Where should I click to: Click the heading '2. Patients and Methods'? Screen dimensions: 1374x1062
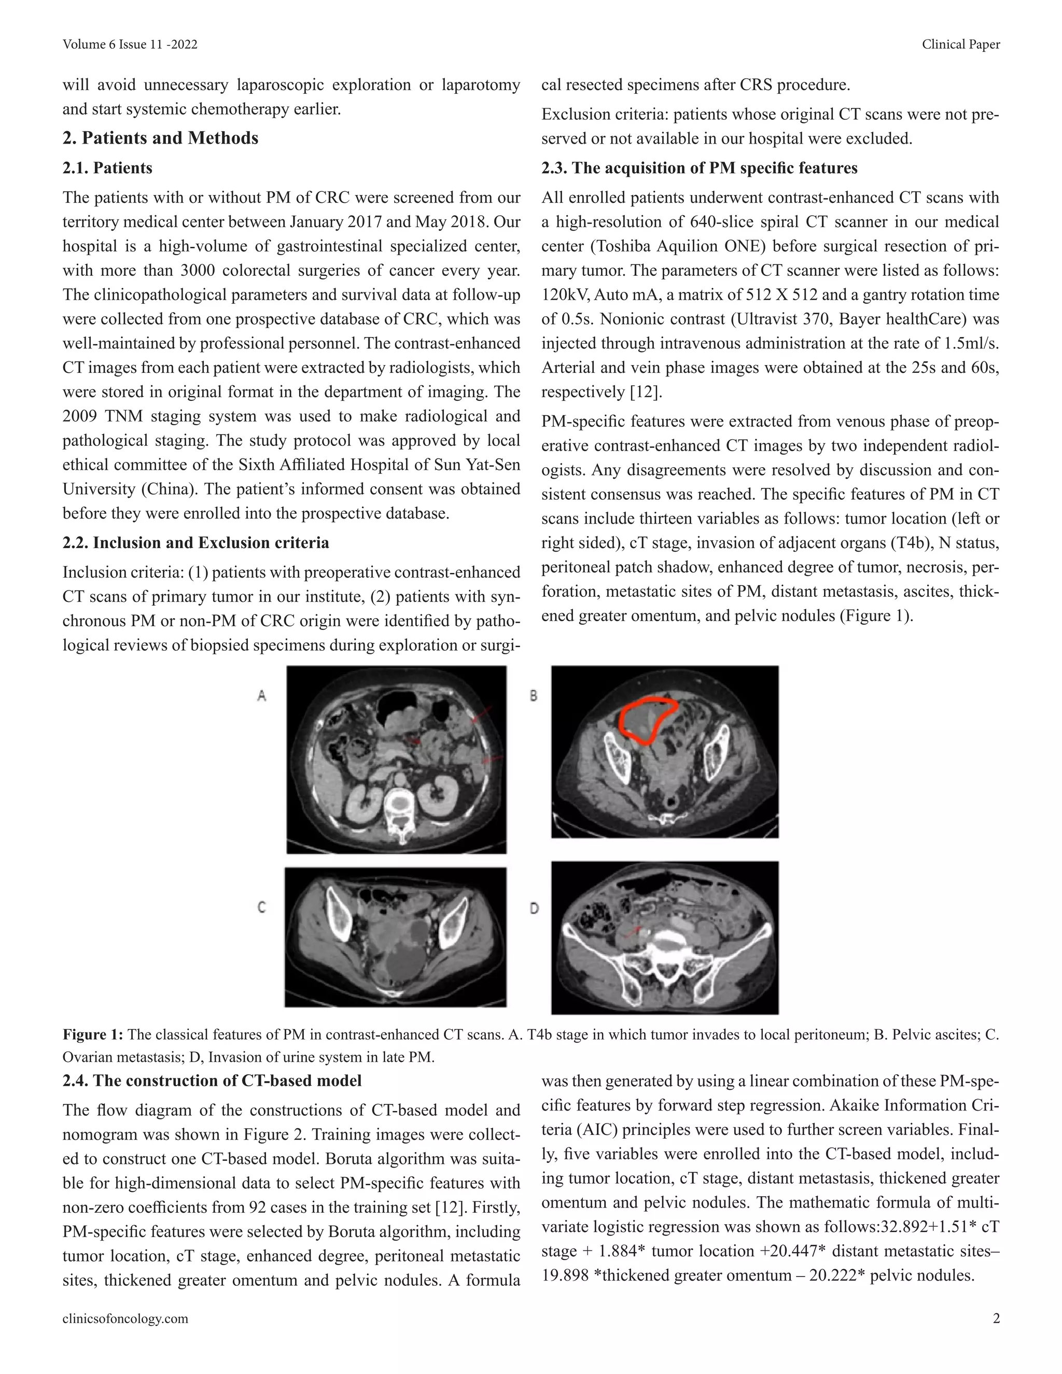(x=160, y=138)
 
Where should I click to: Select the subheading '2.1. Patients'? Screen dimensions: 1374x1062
(x=107, y=168)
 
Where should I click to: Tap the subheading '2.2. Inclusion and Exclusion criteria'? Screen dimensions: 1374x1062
(x=195, y=542)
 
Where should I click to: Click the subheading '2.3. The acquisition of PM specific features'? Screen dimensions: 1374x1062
(x=700, y=168)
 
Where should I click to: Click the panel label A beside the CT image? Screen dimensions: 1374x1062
(x=262, y=695)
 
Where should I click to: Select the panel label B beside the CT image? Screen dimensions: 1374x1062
(x=534, y=696)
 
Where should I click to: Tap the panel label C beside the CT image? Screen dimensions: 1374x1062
(x=262, y=907)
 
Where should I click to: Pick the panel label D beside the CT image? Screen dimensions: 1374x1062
(x=534, y=908)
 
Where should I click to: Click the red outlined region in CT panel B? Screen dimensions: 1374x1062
(x=648, y=720)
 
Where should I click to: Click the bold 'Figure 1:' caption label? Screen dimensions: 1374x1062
(x=93, y=1035)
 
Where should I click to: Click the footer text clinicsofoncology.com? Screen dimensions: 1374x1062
(x=125, y=1319)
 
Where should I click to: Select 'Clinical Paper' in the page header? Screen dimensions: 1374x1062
(x=961, y=44)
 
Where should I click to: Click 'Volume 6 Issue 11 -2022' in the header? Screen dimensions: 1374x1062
(x=130, y=44)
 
